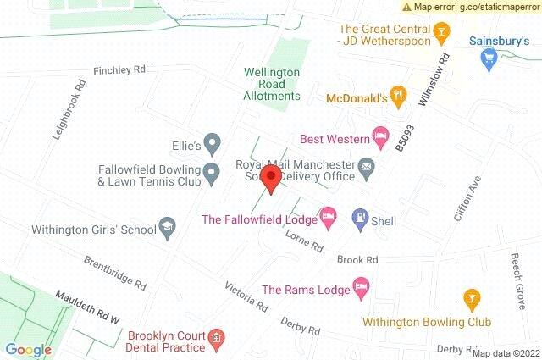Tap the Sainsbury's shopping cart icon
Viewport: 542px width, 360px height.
pyautogui.click(x=487, y=58)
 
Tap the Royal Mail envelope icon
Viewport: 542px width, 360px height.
pyautogui.click(x=366, y=165)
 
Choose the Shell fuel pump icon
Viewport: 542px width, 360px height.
pyautogui.click(x=359, y=219)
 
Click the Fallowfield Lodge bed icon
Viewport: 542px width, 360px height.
pyautogui.click(x=329, y=219)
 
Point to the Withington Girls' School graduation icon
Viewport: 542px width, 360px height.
pyautogui.click(x=168, y=228)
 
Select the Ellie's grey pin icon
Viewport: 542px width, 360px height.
pyautogui.click(x=213, y=145)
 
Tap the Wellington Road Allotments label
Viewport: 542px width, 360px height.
pyautogui.click(x=272, y=84)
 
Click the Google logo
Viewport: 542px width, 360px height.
pyautogui.click(x=28, y=350)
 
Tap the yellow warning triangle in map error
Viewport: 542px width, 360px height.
pyautogui.click(x=406, y=7)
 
